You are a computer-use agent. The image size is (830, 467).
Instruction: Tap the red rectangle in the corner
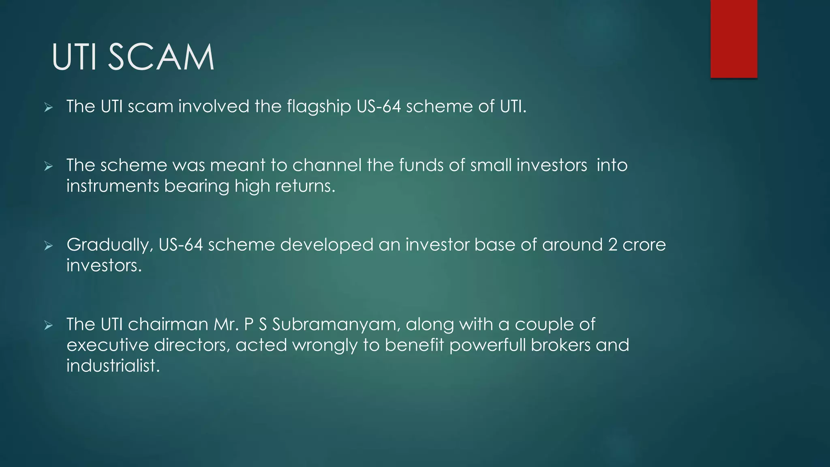point(734,39)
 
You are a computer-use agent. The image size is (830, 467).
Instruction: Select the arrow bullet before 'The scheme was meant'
point(49,166)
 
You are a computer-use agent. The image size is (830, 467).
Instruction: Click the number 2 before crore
point(612,245)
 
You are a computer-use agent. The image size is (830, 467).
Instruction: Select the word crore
point(644,245)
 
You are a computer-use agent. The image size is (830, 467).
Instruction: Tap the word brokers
point(560,345)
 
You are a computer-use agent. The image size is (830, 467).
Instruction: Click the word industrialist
point(113,366)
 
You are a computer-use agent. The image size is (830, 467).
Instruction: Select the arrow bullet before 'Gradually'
point(49,246)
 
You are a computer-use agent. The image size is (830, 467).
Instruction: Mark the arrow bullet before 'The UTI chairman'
point(49,325)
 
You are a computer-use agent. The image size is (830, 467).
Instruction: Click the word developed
point(327,245)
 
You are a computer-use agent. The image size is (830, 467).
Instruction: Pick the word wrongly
point(325,345)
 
